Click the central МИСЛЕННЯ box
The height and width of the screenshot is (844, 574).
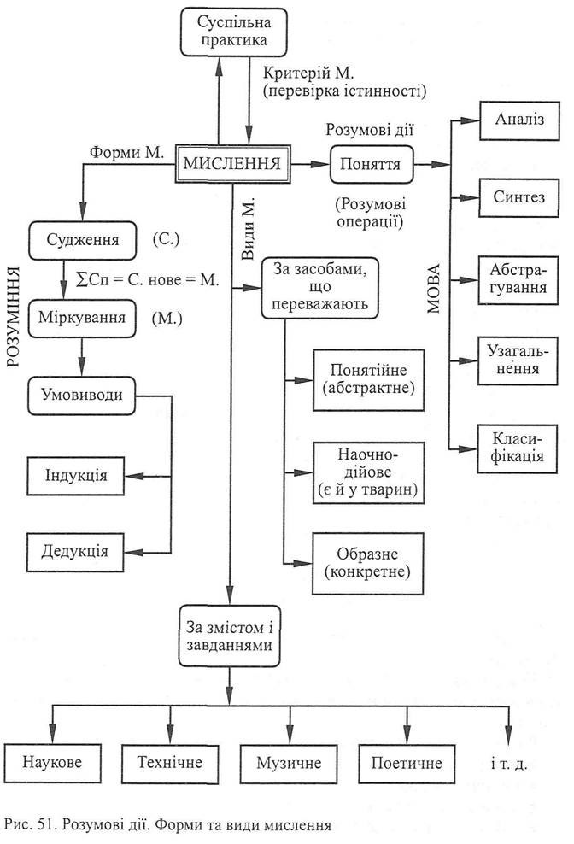point(231,162)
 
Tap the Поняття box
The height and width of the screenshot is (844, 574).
point(372,162)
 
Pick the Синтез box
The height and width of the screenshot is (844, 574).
point(519,199)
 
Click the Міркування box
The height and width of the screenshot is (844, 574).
point(82,319)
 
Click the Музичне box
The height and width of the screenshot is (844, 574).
point(281,760)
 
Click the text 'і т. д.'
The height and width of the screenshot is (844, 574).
point(512,760)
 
